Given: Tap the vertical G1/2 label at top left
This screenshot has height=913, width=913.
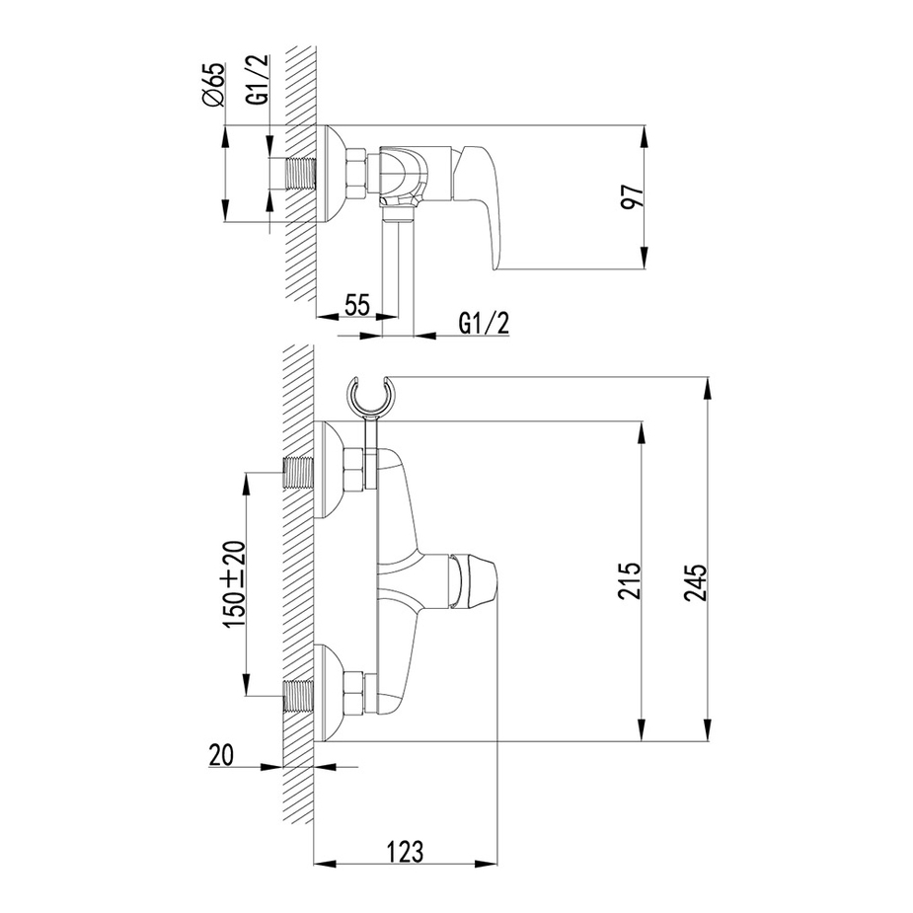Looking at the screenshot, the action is coord(258,80).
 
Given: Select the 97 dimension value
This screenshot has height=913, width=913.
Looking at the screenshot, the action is coord(633,195).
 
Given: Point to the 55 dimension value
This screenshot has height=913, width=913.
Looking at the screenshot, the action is coord(357,305).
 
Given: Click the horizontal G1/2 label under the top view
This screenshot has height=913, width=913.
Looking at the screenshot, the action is coord(484,324).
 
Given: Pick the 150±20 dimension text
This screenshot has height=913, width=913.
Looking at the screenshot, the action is coord(236,584).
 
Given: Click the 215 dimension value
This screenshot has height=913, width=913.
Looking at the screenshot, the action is coord(630,580).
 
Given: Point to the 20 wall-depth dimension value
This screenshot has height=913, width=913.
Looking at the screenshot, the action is coord(221,755).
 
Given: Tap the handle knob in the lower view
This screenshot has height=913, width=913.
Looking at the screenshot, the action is coord(473,579).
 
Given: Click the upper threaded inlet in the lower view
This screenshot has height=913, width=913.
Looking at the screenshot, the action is coord(299,472).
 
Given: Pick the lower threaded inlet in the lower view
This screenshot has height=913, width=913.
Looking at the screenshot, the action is coord(299,697).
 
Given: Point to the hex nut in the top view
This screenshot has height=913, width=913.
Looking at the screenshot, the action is coord(355,174).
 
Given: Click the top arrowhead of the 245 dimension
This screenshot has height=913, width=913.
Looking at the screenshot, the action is coord(708,389).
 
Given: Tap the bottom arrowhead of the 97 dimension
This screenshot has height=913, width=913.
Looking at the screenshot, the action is coord(644,259).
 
